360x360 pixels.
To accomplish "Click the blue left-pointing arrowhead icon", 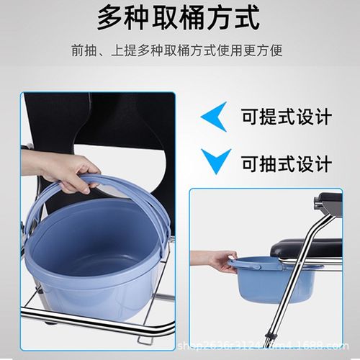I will pos(213,117).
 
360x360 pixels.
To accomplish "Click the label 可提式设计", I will pos(286,117).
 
